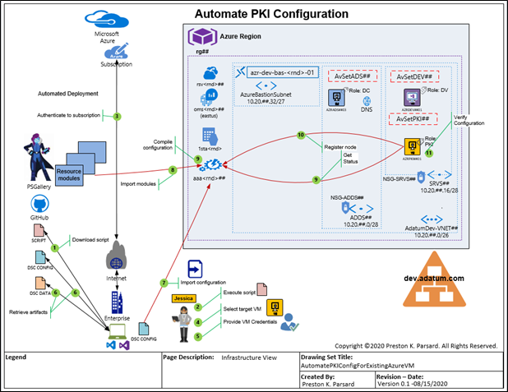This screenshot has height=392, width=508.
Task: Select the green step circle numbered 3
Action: [x=118, y=116]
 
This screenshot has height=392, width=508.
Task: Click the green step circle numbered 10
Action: [x=301, y=134]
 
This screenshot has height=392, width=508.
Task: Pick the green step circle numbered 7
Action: [x=164, y=282]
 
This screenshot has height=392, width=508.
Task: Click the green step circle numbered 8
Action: [x=172, y=169]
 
